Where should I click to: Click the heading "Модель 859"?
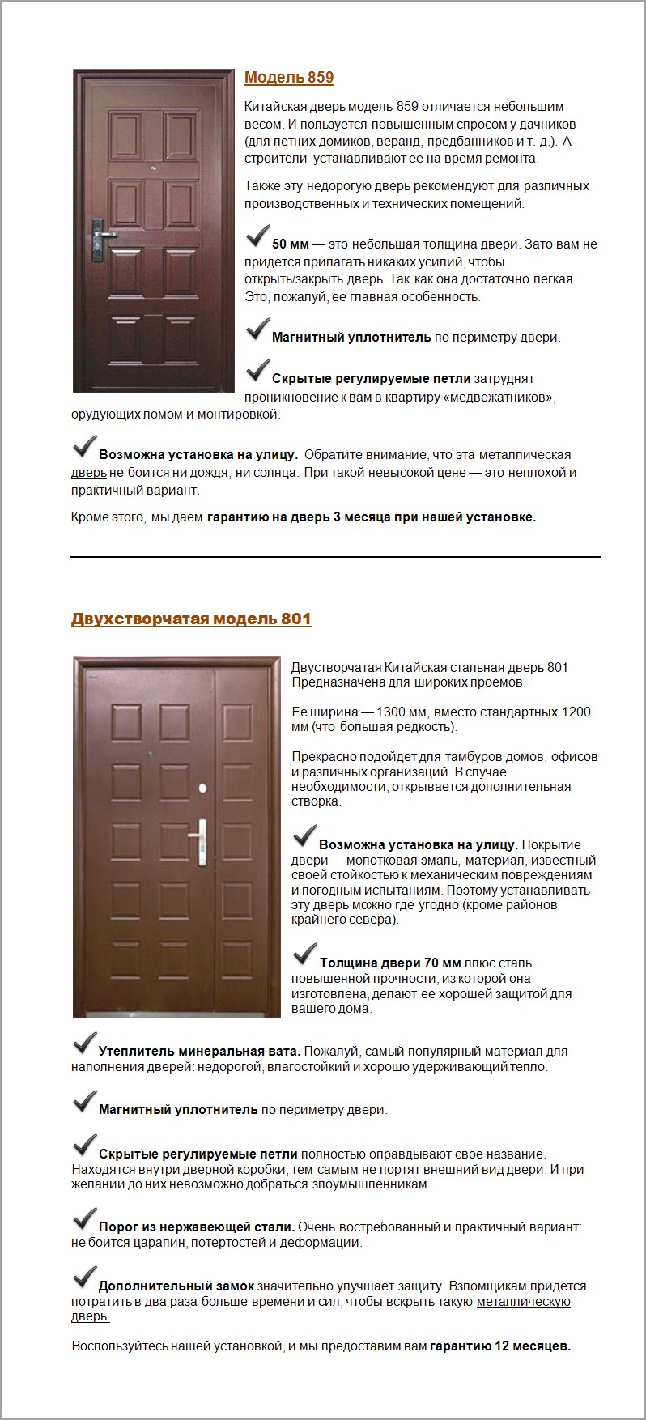289,78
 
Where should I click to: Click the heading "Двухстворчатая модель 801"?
191,619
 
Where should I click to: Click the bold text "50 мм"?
291,244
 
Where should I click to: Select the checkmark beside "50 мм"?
257,236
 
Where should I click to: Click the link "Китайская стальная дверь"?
464,668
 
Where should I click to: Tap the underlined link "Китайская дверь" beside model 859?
295,107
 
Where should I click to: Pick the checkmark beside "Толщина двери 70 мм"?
304,955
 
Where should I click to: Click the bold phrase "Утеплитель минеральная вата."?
199,1052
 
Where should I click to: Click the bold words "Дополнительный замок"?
176,1286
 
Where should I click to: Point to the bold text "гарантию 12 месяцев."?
499,1346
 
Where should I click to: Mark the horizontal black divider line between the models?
335,557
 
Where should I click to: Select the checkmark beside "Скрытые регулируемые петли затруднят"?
257,371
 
